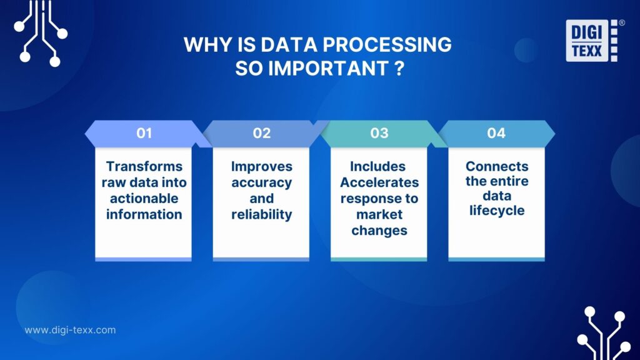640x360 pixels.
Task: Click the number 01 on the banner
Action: click(144, 133)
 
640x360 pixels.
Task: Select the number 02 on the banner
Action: click(261, 133)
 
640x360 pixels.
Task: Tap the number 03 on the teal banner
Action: click(379, 133)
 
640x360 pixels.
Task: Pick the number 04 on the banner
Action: click(496, 133)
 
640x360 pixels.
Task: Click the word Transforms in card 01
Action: click(144, 166)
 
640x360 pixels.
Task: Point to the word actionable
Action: click(144, 199)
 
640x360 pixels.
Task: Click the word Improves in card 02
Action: click(261, 166)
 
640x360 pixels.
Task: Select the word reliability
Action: click(261, 215)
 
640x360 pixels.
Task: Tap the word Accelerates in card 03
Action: click(379, 182)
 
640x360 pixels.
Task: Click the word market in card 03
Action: click(379, 214)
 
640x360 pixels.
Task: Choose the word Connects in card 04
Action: click(497, 166)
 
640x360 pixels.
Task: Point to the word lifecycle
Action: click(497, 211)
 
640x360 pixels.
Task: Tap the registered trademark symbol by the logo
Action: click(621, 22)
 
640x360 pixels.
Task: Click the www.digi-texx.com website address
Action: click(70, 330)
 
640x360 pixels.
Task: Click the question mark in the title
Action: click(398, 68)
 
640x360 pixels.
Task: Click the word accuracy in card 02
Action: click(261, 182)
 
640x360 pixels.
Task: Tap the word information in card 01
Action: click(144, 215)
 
